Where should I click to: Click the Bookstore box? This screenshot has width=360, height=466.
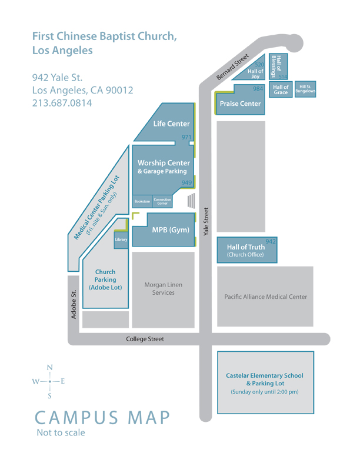[x=142, y=201]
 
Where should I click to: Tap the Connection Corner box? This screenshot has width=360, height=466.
[x=162, y=201]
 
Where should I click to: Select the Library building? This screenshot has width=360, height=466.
[x=121, y=239]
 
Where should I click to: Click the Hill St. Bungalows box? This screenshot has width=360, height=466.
[x=305, y=89]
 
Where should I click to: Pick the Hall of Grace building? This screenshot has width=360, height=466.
[x=281, y=89]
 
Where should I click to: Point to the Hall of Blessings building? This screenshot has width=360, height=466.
[x=278, y=66]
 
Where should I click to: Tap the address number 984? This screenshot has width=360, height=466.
[x=258, y=89]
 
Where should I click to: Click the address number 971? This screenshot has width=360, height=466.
[x=186, y=137]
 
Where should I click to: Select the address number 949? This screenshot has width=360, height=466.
[x=186, y=182]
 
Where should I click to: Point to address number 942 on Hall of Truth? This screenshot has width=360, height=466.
[x=271, y=241]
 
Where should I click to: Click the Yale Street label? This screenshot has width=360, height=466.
[x=206, y=221]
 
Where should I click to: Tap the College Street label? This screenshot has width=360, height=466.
[x=145, y=339]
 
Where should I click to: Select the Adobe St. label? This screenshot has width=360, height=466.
[x=74, y=304]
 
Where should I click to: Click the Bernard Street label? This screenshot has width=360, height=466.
[x=232, y=67]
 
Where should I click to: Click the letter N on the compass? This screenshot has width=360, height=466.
[x=50, y=368]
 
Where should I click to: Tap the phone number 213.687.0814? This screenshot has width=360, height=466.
[x=62, y=103]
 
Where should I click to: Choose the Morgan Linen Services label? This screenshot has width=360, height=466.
[x=164, y=288]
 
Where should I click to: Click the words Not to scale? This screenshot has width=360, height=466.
[x=61, y=432]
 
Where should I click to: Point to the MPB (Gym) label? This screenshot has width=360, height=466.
[x=171, y=230]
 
